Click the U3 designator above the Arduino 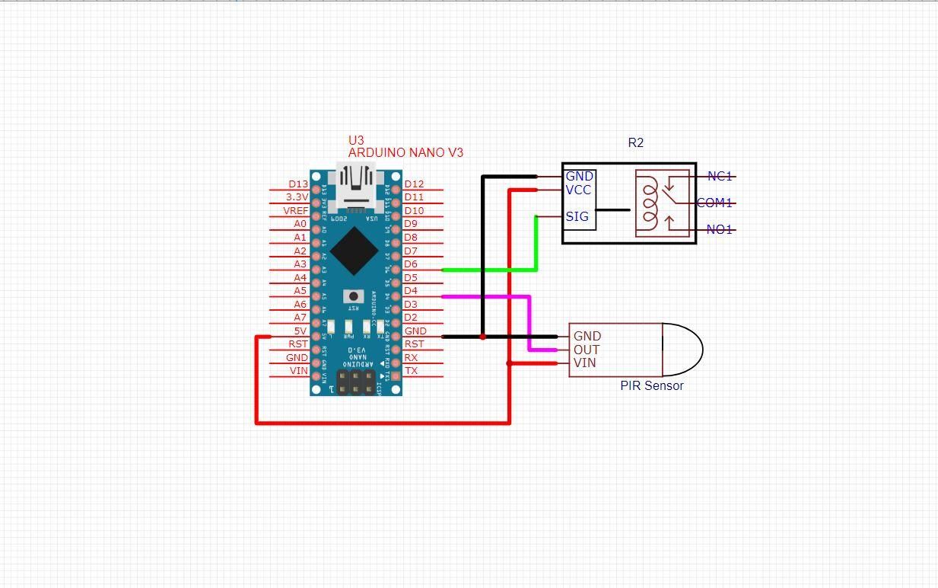click(x=356, y=140)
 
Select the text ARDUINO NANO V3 click(x=405, y=152)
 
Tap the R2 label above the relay click(x=636, y=142)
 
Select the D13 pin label click(x=298, y=184)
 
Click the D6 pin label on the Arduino click(x=411, y=264)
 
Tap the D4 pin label click(x=411, y=291)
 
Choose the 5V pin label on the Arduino click(x=300, y=331)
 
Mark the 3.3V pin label click(x=297, y=197)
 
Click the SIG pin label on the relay click(x=577, y=217)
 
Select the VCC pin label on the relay click(x=578, y=190)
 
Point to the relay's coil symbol click(x=649, y=203)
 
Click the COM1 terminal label click(x=714, y=203)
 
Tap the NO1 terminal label click(x=719, y=229)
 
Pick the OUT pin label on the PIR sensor click(x=587, y=350)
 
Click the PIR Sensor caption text click(x=651, y=385)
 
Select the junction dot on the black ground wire click(x=482, y=336)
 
